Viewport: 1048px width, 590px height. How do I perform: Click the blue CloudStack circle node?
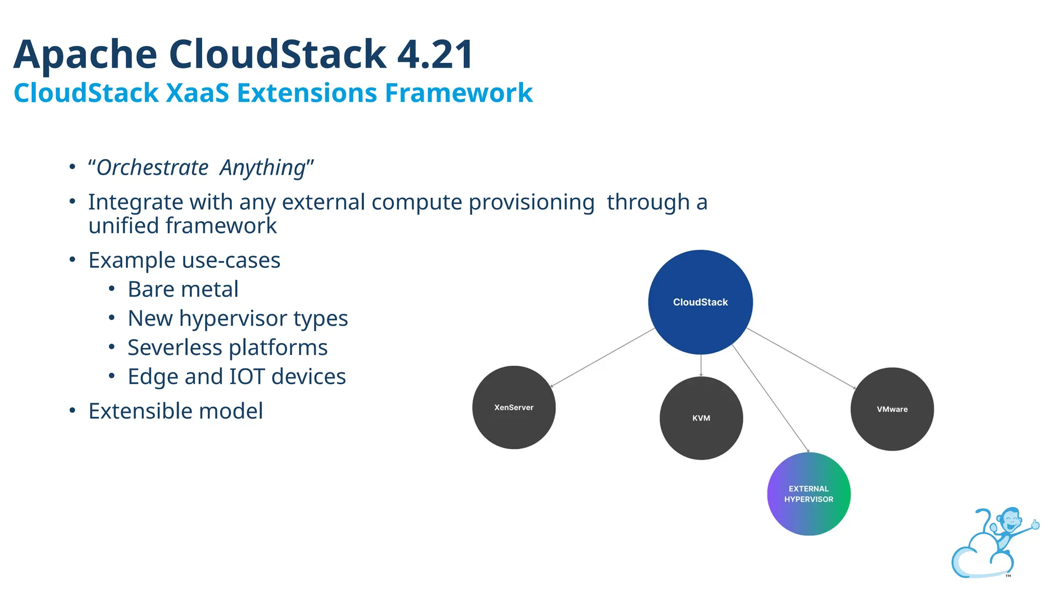click(x=700, y=302)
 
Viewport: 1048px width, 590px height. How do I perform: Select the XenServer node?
click(x=514, y=408)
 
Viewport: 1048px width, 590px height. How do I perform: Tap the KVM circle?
click(x=701, y=418)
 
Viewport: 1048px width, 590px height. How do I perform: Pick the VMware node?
click(x=892, y=409)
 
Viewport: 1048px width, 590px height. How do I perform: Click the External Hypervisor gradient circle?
click(x=809, y=494)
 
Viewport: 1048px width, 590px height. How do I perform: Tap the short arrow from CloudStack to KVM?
click(x=701, y=366)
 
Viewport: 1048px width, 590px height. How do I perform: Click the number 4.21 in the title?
click(x=435, y=54)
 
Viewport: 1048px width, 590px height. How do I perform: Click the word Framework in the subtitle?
click(x=458, y=93)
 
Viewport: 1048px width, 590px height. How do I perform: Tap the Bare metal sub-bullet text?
click(x=183, y=289)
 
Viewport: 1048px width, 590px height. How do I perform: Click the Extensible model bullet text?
click(x=176, y=411)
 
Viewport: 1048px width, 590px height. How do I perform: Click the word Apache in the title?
click(x=85, y=54)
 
